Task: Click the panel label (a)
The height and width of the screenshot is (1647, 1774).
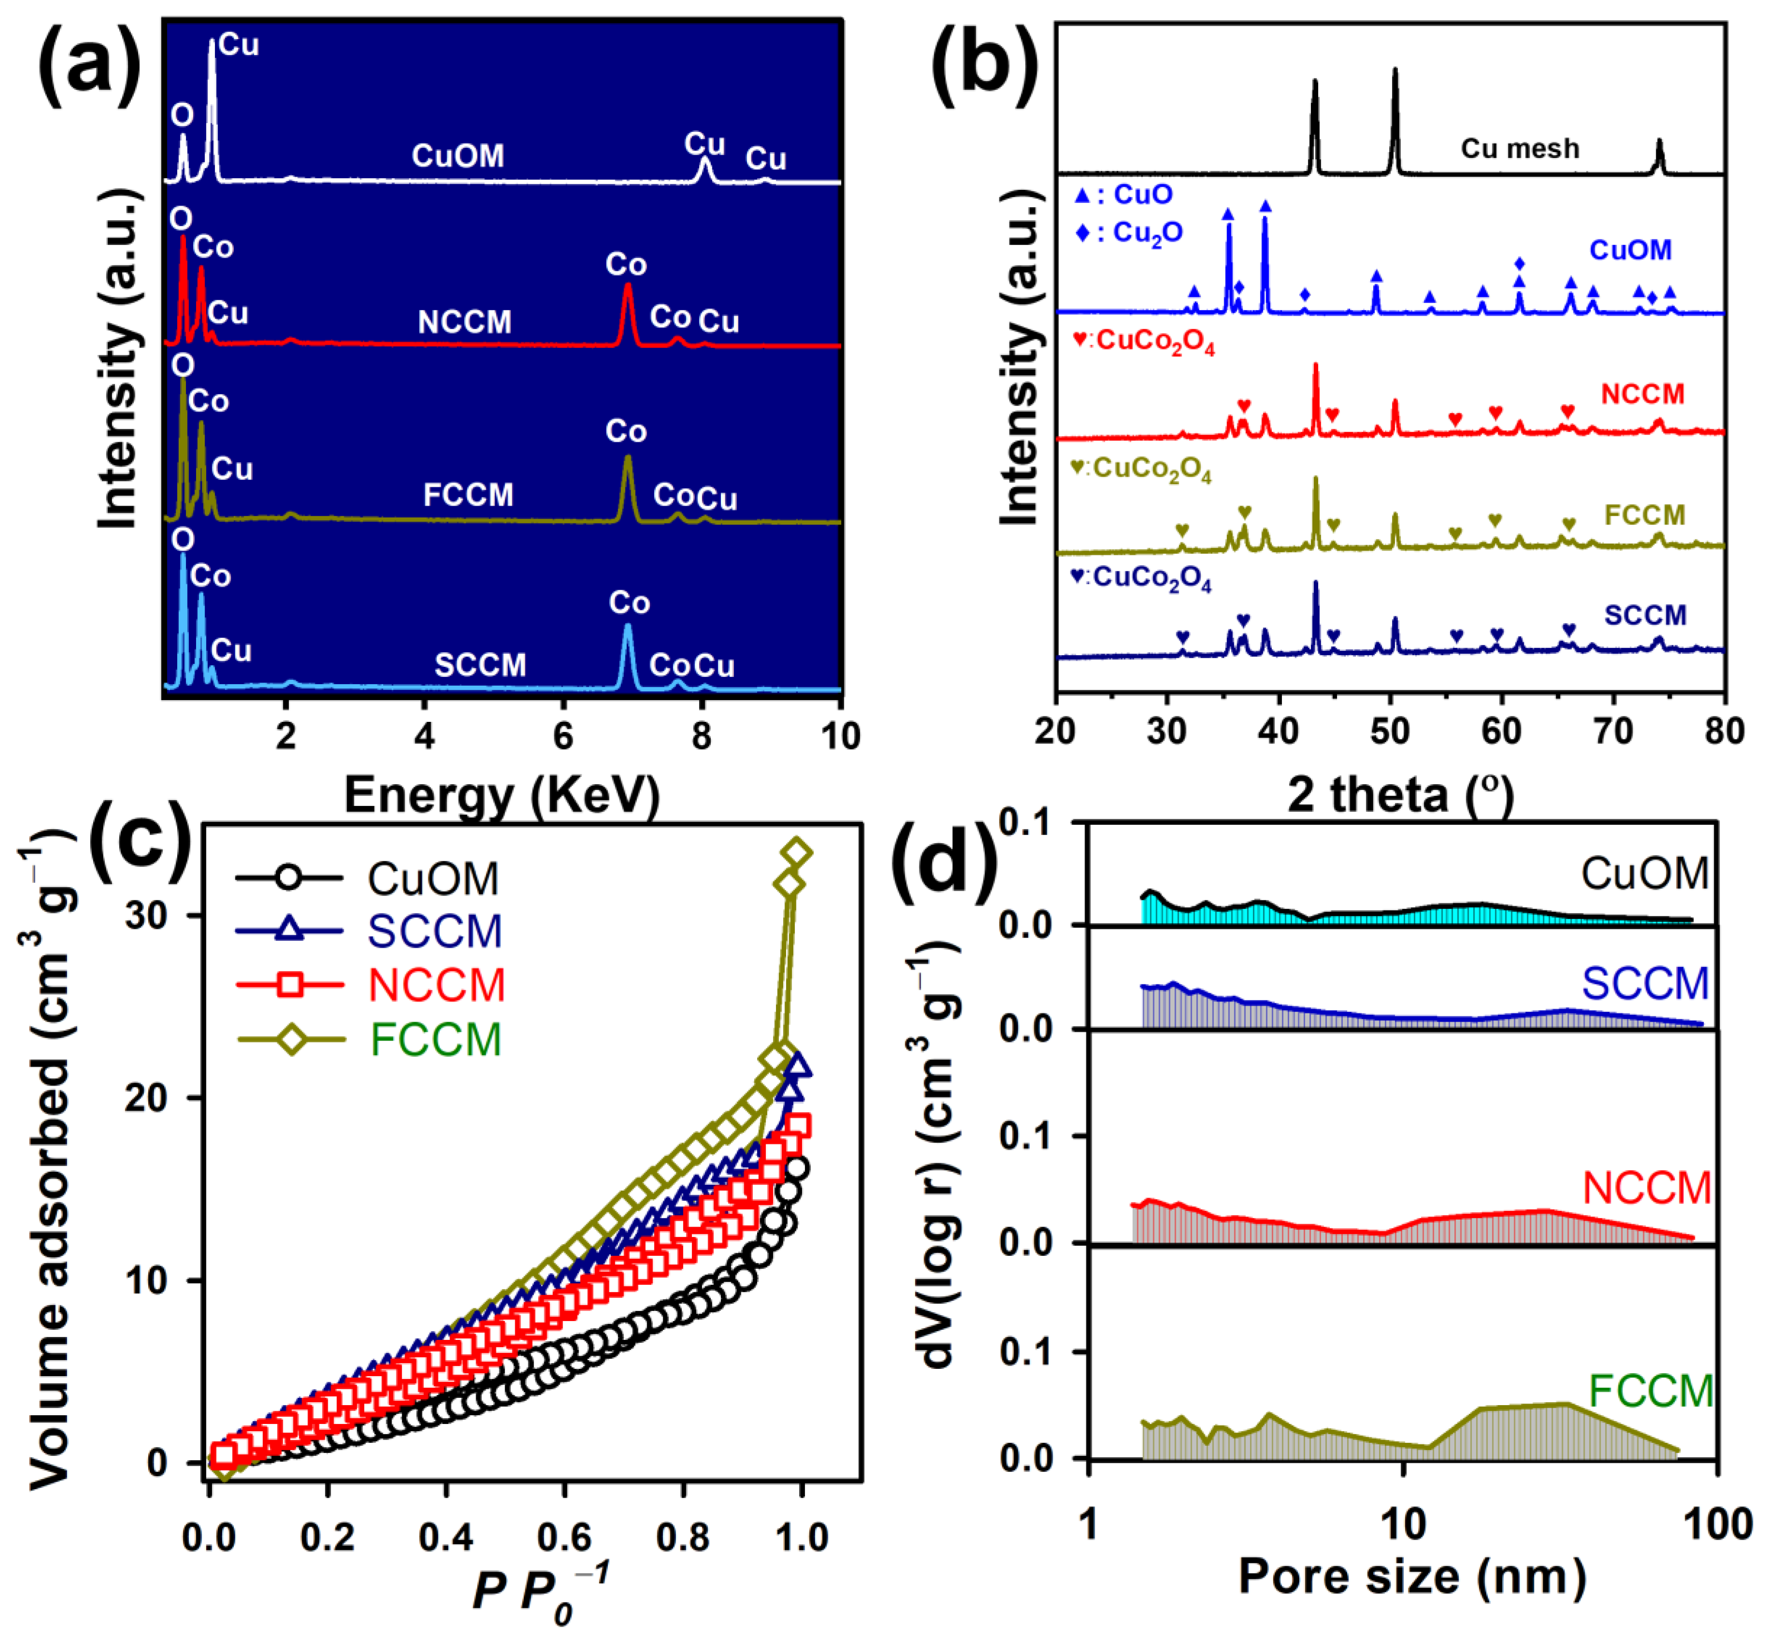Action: tap(89, 64)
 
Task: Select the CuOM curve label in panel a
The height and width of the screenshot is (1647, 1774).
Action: tap(457, 156)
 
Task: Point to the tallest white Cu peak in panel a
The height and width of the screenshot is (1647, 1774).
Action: tap(211, 44)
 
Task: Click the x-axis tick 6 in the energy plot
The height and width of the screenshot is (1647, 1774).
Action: tap(563, 736)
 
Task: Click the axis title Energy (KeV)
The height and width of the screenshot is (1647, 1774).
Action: tap(502, 794)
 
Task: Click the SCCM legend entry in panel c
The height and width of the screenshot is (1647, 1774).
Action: tap(435, 931)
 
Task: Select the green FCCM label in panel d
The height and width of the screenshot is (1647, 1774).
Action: tap(1651, 1390)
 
